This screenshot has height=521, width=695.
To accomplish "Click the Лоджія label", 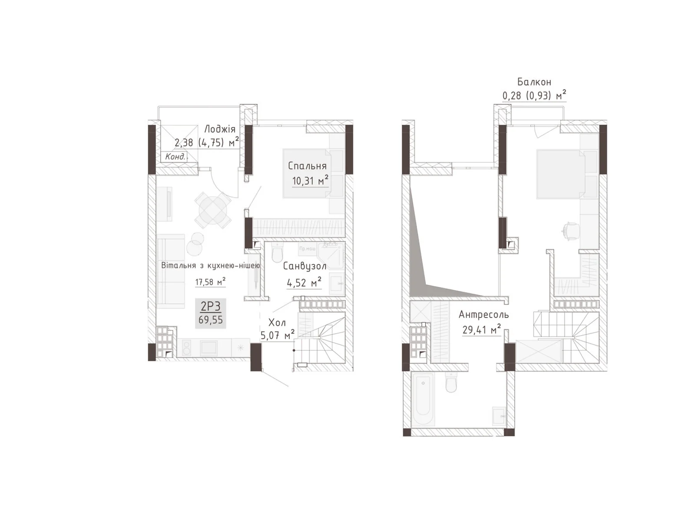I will coord(220,129).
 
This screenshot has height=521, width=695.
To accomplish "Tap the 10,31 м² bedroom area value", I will coord(310,181).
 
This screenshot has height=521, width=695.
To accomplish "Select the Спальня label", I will coord(307,166).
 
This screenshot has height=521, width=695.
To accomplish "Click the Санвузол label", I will coord(304,266).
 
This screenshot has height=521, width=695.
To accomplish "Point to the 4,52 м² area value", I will coord(304,283).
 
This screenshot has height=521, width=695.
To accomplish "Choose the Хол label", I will coord(277,323).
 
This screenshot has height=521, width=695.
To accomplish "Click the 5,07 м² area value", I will coord(277,336).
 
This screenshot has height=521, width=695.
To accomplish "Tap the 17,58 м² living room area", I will coord(210,282).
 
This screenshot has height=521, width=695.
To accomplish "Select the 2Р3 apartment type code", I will coord(211,307).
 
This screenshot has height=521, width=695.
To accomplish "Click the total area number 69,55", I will coord(211,320).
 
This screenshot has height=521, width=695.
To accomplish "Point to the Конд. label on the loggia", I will coord(175,157).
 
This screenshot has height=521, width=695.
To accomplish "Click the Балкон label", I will coord(534,82).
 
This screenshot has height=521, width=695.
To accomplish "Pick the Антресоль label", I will coord(483,314).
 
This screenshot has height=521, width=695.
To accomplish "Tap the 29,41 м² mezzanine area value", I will coord(481,330).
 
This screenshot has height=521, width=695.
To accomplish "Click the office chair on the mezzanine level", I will coord(571,230).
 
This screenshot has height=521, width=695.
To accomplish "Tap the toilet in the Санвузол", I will coord(277,253).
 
